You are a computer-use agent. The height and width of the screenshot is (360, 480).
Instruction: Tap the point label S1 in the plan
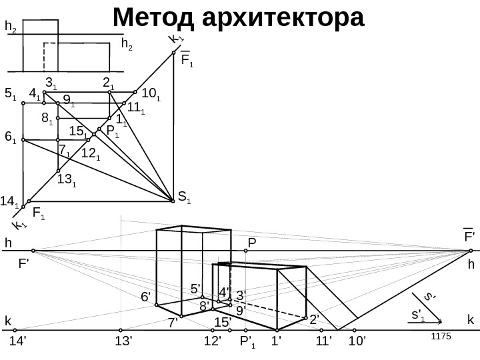coord(184,197)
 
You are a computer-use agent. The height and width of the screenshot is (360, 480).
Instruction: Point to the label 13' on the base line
coord(124,342)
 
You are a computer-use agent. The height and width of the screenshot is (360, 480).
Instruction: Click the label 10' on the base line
coord(359,342)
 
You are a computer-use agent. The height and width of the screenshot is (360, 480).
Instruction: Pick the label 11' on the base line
coord(325,342)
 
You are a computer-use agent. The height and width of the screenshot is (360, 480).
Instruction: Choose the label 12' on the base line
coord(212,342)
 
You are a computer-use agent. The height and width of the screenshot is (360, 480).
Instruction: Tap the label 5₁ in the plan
coord(10,94)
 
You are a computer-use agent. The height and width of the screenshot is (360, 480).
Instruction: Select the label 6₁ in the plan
coord(10,138)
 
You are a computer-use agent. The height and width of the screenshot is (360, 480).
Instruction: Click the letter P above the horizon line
coord(252,242)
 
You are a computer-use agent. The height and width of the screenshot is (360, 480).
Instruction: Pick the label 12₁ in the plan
coord(91,154)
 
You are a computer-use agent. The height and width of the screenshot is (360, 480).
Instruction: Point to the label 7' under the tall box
coord(172,323)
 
